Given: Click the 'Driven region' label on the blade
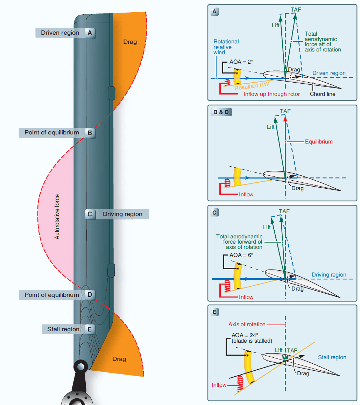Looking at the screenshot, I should tap(60, 33).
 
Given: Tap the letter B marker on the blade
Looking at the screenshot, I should tap(90, 133).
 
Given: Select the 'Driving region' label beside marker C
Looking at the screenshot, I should tap(122, 214).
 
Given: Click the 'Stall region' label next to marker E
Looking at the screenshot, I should tap(63, 329).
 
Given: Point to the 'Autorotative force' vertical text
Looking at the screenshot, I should tap(57, 217).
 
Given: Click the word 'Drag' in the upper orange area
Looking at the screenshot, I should tap(130, 42).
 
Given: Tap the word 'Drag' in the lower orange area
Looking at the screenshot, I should tap(119, 359).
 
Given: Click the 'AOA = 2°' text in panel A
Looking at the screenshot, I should tap(241, 62).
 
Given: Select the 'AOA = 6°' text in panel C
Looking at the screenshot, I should tap(241, 255).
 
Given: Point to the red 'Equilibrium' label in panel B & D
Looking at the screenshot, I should tap(319, 142).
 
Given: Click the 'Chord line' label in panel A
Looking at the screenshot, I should tap(323, 94).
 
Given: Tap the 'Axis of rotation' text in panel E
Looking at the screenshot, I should tap(247, 324).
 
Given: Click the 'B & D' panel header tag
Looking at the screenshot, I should tap(220, 112).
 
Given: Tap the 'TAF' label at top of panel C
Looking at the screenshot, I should tap(284, 211).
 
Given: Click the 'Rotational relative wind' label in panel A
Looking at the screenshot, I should tap(226, 47).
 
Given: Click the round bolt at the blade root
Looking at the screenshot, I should tap(81, 367).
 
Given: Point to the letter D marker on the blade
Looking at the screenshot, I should tap(90, 295).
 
